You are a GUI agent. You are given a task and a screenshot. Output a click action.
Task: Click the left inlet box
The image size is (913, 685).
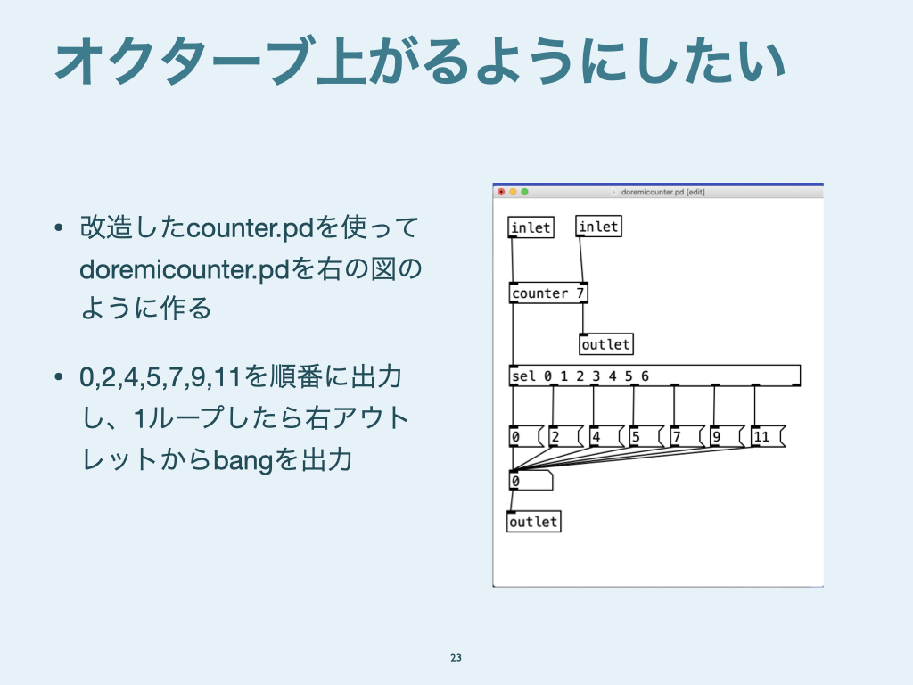coord(531,227)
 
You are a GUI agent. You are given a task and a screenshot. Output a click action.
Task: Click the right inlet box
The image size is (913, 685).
coord(598,226)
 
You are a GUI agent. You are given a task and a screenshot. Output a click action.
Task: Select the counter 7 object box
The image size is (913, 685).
coord(548,293)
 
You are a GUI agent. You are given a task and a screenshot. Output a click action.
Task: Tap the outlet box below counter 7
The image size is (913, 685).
coord(606,344)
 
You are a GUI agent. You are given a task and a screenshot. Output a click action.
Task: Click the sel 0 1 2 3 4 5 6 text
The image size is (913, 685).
coord(580,376)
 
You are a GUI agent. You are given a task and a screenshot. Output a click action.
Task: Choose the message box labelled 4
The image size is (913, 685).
coord(606,436)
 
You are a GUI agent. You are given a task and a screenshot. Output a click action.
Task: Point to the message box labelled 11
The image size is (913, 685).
coord(769,436)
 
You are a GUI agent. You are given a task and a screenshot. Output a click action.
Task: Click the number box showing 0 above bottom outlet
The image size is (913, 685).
coord(531,481)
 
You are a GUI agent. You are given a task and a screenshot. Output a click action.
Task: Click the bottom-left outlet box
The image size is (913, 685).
coord(534,521)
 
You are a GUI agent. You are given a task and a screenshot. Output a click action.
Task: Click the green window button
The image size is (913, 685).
coord(524,192)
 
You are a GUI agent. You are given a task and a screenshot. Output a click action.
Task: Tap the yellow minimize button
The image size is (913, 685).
coord(513,192)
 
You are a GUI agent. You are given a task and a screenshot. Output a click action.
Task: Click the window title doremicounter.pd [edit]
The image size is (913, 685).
coord(662,192)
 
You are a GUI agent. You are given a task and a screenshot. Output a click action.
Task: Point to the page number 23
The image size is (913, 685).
coord(456,657)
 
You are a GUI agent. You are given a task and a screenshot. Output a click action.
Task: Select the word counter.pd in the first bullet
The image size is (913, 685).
coord(251,228)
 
